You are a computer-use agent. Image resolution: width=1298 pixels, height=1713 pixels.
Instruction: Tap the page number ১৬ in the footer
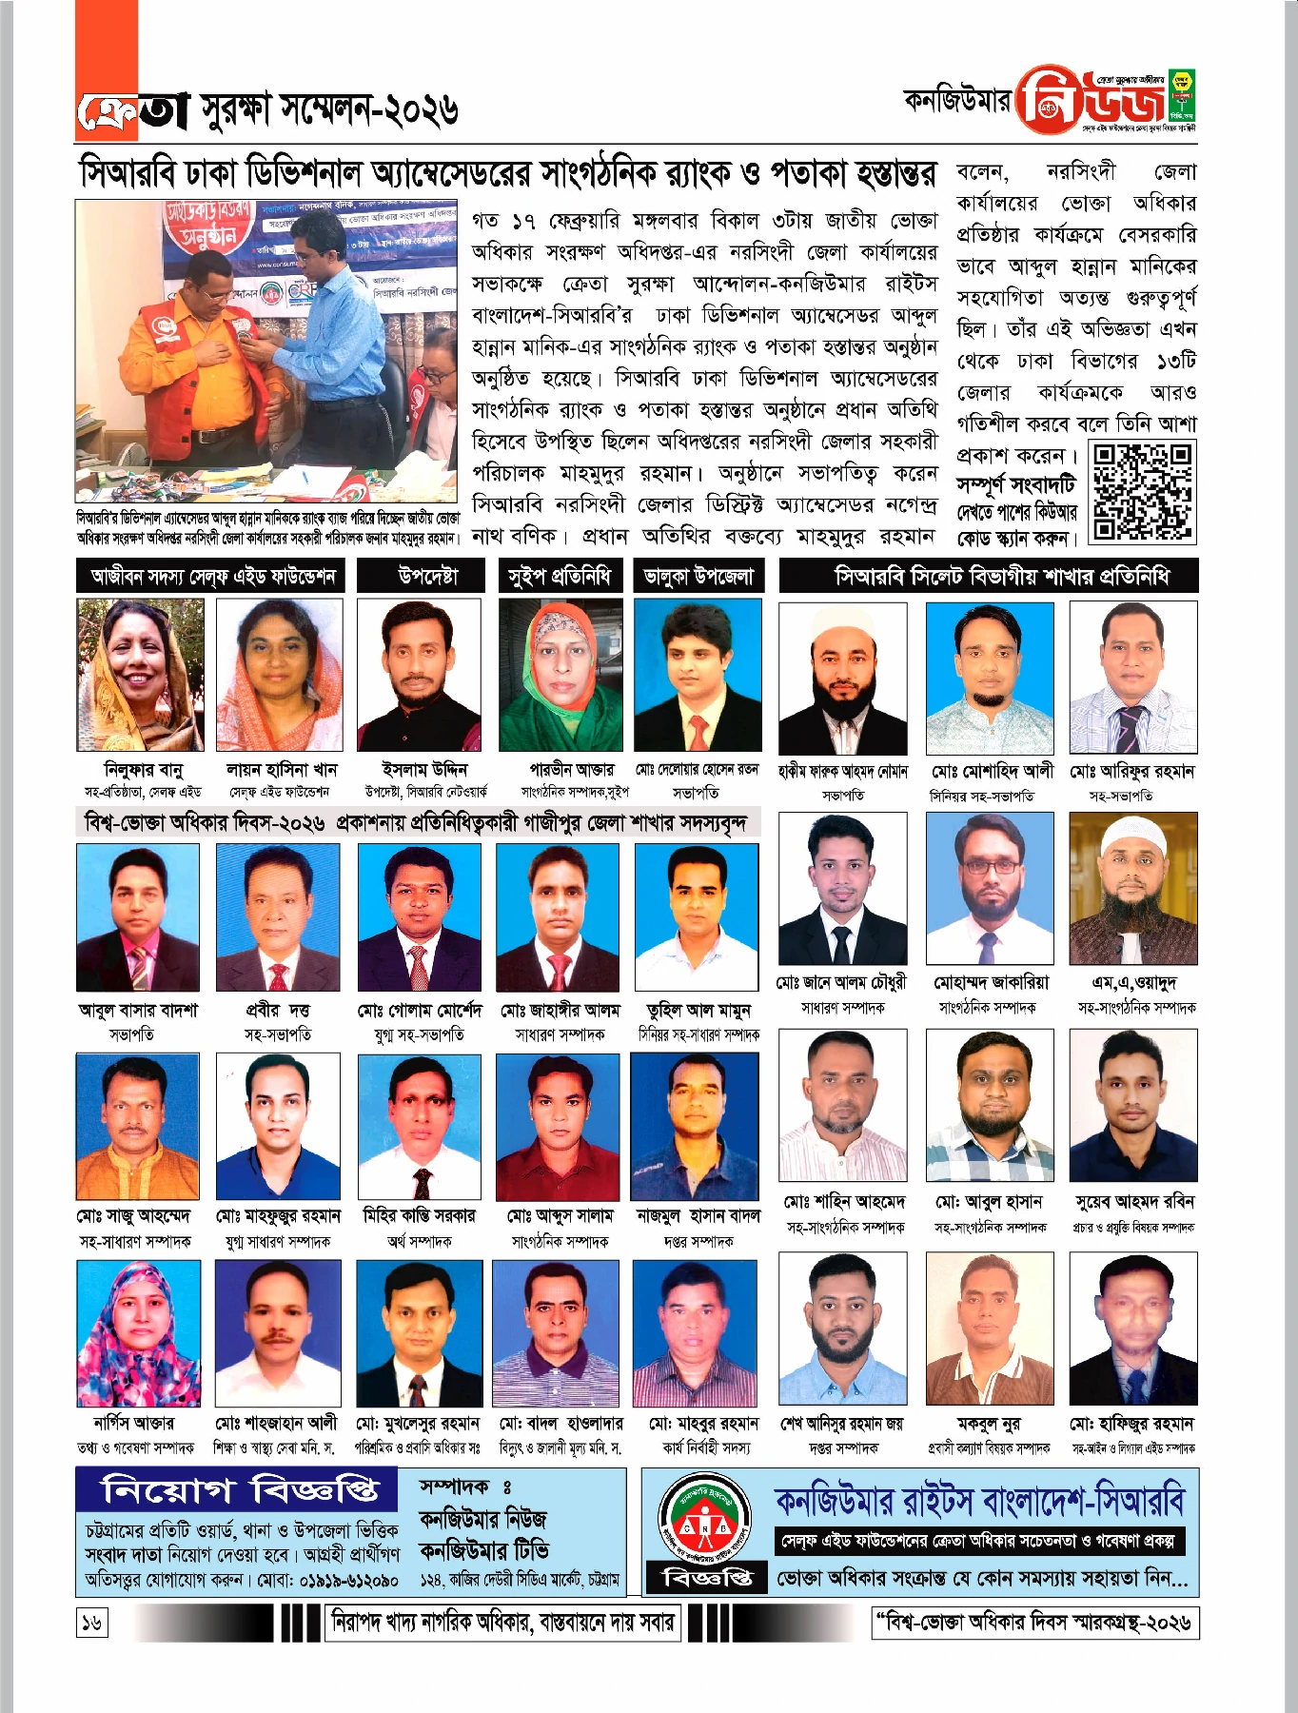pos(91,1622)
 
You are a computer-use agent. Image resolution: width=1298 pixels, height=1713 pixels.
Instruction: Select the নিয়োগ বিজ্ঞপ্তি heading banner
pos(241,1490)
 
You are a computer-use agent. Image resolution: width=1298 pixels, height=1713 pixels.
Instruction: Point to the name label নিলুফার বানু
pos(143,769)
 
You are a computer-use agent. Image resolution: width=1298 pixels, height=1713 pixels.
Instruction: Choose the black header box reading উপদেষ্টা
pos(427,576)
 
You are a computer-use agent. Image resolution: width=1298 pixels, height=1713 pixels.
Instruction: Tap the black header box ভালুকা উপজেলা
pos(698,576)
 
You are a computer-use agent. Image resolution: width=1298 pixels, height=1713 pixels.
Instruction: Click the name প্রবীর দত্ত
pos(278,1010)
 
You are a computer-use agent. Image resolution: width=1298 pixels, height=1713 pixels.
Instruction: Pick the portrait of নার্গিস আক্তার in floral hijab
pos(139,1333)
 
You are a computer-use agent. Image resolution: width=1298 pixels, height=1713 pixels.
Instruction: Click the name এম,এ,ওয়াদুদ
pos(1134,982)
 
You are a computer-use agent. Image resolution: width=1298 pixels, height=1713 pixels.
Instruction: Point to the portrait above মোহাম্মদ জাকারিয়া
pos(990,889)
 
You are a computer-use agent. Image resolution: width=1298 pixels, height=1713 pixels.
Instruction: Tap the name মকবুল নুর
pos(989,1424)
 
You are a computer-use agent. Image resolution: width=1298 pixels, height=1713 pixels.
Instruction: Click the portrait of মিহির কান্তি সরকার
pos(420,1126)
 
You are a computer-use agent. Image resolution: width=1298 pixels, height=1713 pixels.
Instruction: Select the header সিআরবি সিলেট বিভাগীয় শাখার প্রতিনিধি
pos(989,576)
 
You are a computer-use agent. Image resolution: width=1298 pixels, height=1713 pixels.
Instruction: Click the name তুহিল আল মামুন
pos(698,1010)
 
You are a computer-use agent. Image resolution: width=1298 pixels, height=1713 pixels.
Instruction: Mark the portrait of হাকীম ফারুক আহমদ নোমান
pos(842,678)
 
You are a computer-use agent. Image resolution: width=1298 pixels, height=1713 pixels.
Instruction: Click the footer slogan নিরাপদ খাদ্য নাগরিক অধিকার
pos(503,1622)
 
